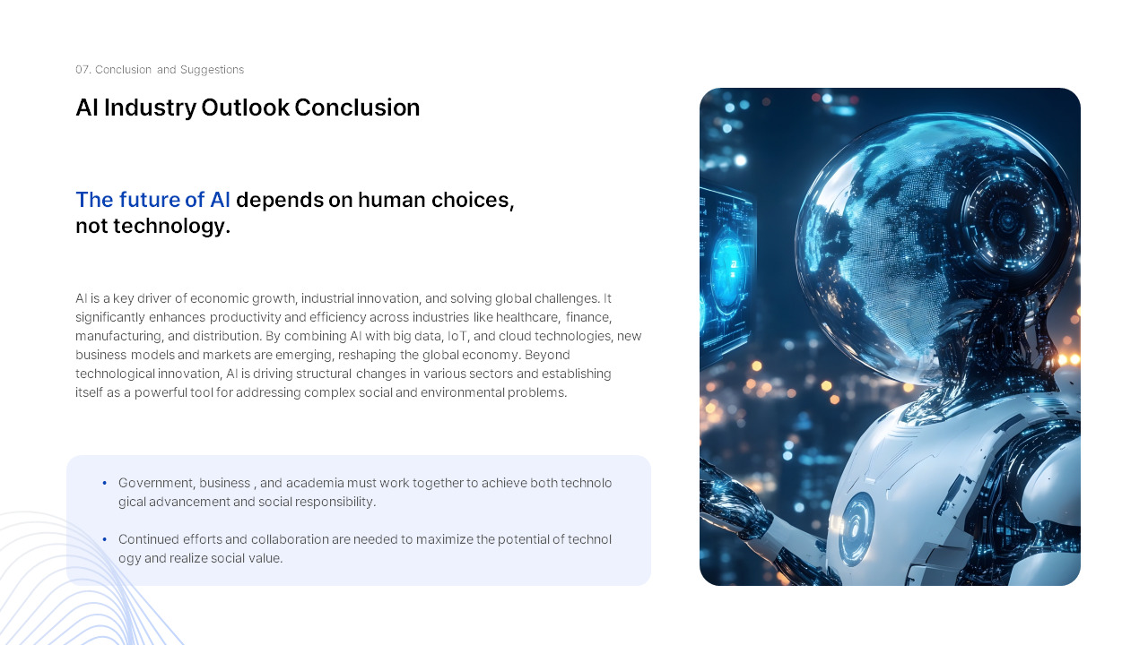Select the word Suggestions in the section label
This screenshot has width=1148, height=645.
coord(212,70)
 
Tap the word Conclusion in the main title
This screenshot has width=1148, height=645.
coord(357,107)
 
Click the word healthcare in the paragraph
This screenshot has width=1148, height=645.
coord(527,317)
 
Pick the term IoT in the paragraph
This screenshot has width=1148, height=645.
coord(457,336)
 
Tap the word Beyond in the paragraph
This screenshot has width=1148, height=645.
coord(547,356)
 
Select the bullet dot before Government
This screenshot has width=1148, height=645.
coord(105,483)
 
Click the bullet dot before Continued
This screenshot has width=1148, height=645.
coord(105,539)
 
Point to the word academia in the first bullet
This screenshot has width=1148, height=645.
coord(315,483)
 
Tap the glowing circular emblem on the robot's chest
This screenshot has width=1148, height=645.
coord(856,529)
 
